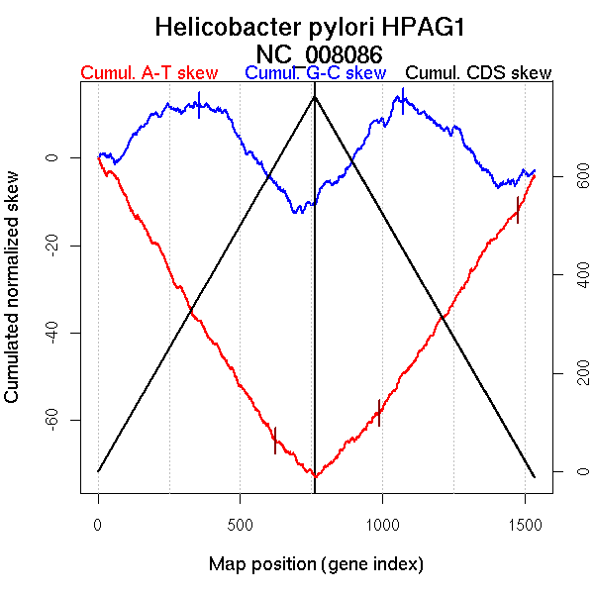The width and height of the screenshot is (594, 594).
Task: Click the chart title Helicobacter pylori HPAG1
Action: pos(317,27)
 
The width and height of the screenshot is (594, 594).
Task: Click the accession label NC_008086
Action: pos(317,53)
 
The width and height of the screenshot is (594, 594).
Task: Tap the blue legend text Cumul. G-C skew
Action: pos(315,73)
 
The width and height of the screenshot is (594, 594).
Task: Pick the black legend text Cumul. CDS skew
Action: pos(479,73)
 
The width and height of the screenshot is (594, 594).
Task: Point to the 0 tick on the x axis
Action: pos(98,522)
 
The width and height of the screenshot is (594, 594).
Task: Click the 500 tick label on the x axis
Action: pos(240,522)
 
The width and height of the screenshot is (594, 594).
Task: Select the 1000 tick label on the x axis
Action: pos(382,522)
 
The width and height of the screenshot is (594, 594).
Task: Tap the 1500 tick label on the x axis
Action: pos(524,522)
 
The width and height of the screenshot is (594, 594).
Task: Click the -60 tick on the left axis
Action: pos(52,421)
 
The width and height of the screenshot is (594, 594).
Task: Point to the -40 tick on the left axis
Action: pos(52,333)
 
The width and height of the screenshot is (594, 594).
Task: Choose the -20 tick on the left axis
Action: pos(52,246)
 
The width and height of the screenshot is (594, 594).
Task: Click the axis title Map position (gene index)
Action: pos(317,564)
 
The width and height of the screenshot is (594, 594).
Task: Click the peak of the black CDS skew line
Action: pos(315,96)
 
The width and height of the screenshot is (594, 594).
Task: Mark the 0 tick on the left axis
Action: pos(52,157)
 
